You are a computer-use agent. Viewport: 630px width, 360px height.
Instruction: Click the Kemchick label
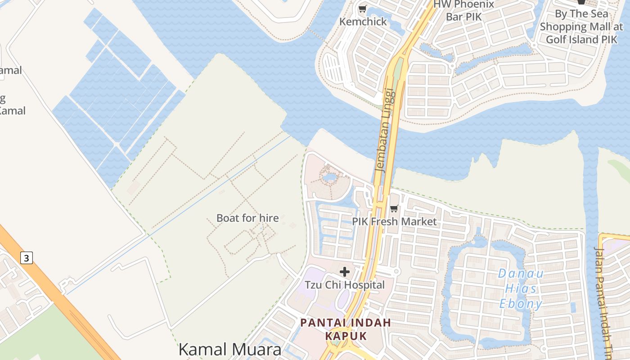pyautogui.click(x=363, y=22)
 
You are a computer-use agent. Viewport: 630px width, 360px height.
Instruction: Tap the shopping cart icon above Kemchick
pyautogui.click(x=362, y=9)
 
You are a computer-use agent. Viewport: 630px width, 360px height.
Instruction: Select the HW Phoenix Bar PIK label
pyautogui.click(x=463, y=10)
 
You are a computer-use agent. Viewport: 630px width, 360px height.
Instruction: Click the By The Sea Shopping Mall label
pyautogui.click(x=581, y=27)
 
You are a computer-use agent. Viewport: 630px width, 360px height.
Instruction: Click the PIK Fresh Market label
pyautogui.click(x=394, y=221)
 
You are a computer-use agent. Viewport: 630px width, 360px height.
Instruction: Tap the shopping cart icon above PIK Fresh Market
pyautogui.click(x=394, y=208)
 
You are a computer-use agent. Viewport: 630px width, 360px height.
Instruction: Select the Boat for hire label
pyautogui.click(x=247, y=218)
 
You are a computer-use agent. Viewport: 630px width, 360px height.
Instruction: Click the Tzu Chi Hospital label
pyautogui.click(x=345, y=285)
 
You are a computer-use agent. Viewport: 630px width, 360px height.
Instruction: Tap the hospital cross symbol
pyautogui.click(x=345, y=272)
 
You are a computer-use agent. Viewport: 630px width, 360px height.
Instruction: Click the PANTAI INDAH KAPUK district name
pyautogui.click(x=346, y=329)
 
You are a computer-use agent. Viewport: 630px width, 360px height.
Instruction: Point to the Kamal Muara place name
pyautogui.click(x=229, y=350)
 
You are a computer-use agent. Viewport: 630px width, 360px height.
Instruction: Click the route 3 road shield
pyautogui.click(x=27, y=258)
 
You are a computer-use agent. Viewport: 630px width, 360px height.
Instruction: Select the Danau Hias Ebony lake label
pyautogui.click(x=521, y=288)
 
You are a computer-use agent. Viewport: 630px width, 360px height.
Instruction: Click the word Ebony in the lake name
pyautogui.click(x=521, y=304)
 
